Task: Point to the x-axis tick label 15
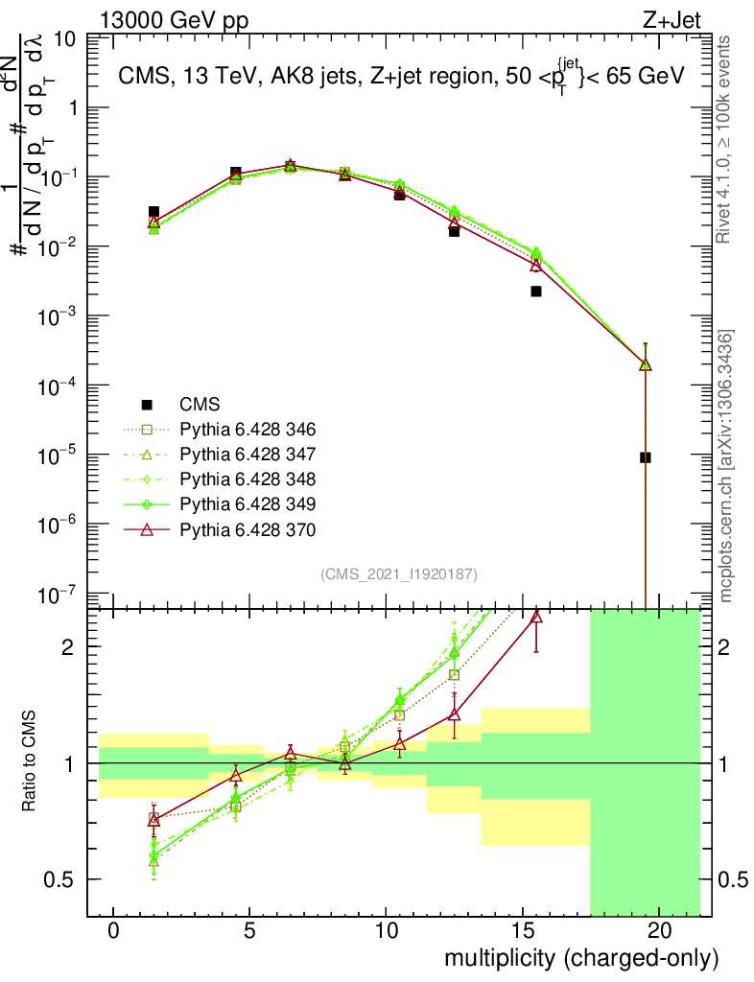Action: [x=522, y=931]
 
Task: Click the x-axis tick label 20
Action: [x=658, y=931]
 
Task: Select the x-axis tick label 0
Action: [x=113, y=931]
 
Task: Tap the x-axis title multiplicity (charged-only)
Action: [x=580, y=958]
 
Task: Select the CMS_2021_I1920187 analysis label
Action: [x=398, y=574]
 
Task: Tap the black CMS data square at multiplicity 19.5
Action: [x=646, y=457]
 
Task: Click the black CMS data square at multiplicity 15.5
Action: [x=536, y=292]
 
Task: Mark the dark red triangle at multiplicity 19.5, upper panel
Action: [x=646, y=364]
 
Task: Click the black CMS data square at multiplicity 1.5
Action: [x=153, y=212]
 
